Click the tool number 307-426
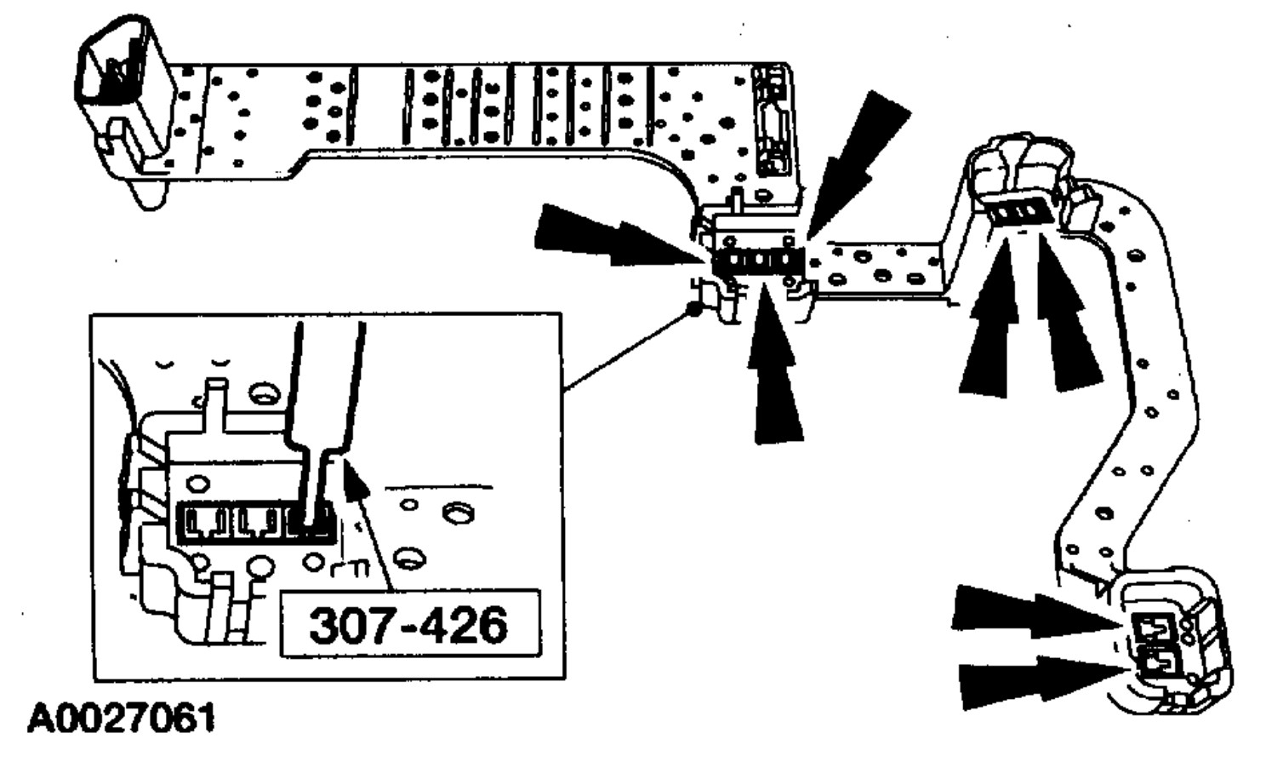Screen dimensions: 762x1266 (x=408, y=626)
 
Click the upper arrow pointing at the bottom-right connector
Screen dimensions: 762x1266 (x=1034, y=613)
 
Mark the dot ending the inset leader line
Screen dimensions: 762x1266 (x=695, y=310)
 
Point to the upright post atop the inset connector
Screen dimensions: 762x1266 (x=218, y=403)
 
